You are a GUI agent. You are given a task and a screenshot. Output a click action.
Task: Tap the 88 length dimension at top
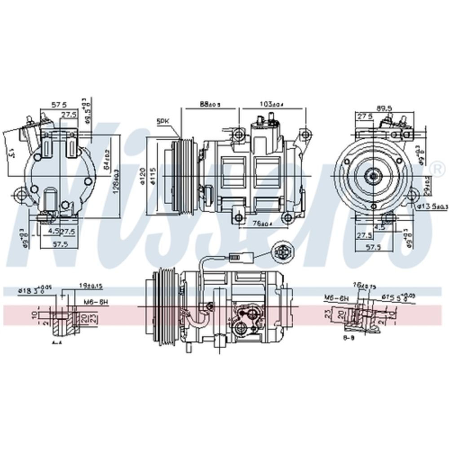tap(210, 104)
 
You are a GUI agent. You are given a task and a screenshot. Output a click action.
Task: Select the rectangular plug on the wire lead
tap(238, 258)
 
